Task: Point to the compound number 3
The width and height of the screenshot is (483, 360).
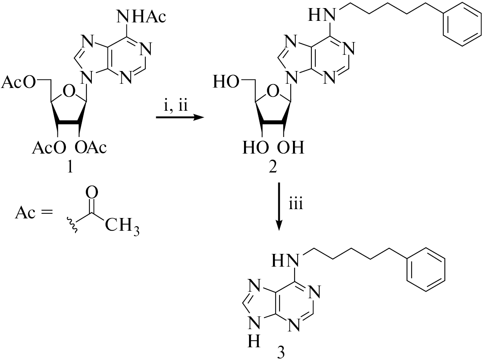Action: [281, 352]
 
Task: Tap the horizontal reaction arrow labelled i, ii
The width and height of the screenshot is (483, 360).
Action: [180, 118]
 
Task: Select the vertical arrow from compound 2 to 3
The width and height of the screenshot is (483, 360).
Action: [279, 206]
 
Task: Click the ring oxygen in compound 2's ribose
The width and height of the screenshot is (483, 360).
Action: [273, 91]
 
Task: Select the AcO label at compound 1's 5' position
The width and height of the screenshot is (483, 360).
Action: [18, 82]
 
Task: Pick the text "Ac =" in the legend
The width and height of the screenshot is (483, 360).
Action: [34, 212]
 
